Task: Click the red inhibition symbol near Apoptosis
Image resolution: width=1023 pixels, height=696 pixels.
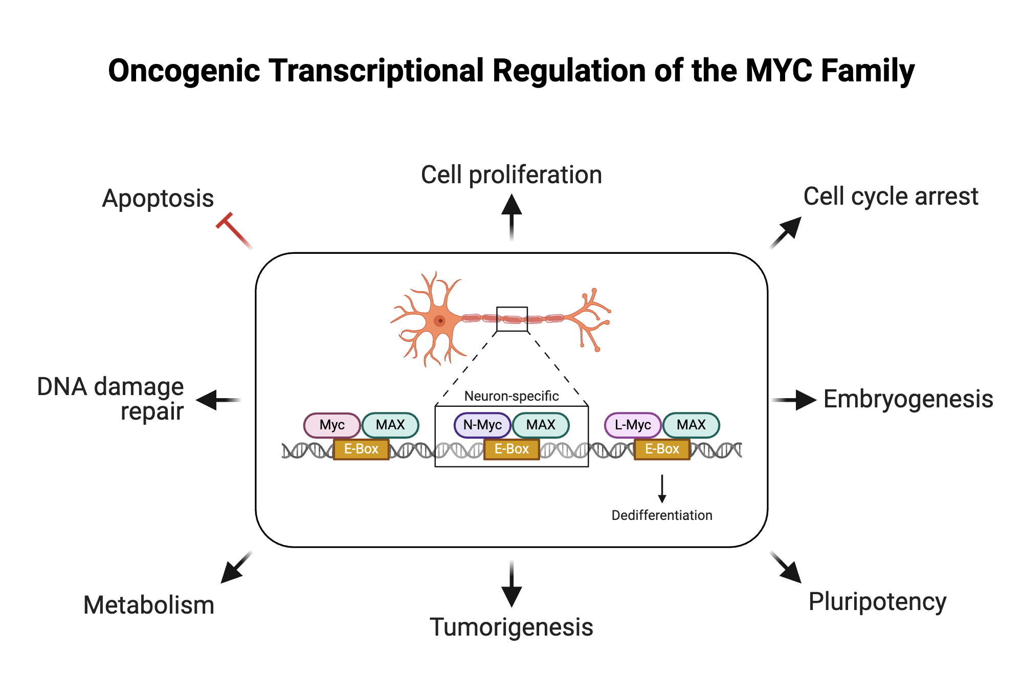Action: pos(233,230)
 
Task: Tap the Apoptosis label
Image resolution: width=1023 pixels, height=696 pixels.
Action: pos(158,198)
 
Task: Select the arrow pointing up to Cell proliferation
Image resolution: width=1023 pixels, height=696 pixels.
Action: pos(511,217)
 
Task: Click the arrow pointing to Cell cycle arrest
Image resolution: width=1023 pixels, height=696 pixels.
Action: pos(786,233)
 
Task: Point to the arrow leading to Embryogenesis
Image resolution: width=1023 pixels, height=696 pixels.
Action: pos(794,400)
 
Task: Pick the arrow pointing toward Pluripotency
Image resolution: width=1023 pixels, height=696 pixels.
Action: pos(786,568)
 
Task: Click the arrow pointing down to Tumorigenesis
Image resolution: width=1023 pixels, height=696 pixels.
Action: pos(511,584)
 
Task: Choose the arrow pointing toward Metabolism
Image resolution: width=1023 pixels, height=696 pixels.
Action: pos(236,568)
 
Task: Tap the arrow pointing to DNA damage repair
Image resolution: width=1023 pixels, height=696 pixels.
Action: pos(218,400)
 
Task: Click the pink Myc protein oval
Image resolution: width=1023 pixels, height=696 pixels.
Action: pos(332,425)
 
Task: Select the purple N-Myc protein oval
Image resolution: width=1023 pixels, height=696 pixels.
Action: pos(482,425)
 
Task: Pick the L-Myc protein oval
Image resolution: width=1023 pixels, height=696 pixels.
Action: pos(633,425)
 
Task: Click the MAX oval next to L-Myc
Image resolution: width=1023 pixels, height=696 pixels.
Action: pos(691,425)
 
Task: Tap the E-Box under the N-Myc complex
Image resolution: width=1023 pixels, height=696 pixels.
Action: pos(511,449)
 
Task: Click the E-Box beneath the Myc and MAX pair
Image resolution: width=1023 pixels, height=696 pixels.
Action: pos(361,449)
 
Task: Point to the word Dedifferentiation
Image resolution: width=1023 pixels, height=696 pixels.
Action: pos(662,515)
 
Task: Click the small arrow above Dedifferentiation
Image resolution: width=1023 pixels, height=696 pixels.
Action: pos(662,489)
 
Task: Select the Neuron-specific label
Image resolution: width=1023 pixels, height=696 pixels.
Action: pos(511,396)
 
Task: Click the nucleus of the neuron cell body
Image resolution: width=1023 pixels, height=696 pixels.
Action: pos(439,321)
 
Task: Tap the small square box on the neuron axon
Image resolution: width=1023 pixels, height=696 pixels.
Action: pos(512,319)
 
